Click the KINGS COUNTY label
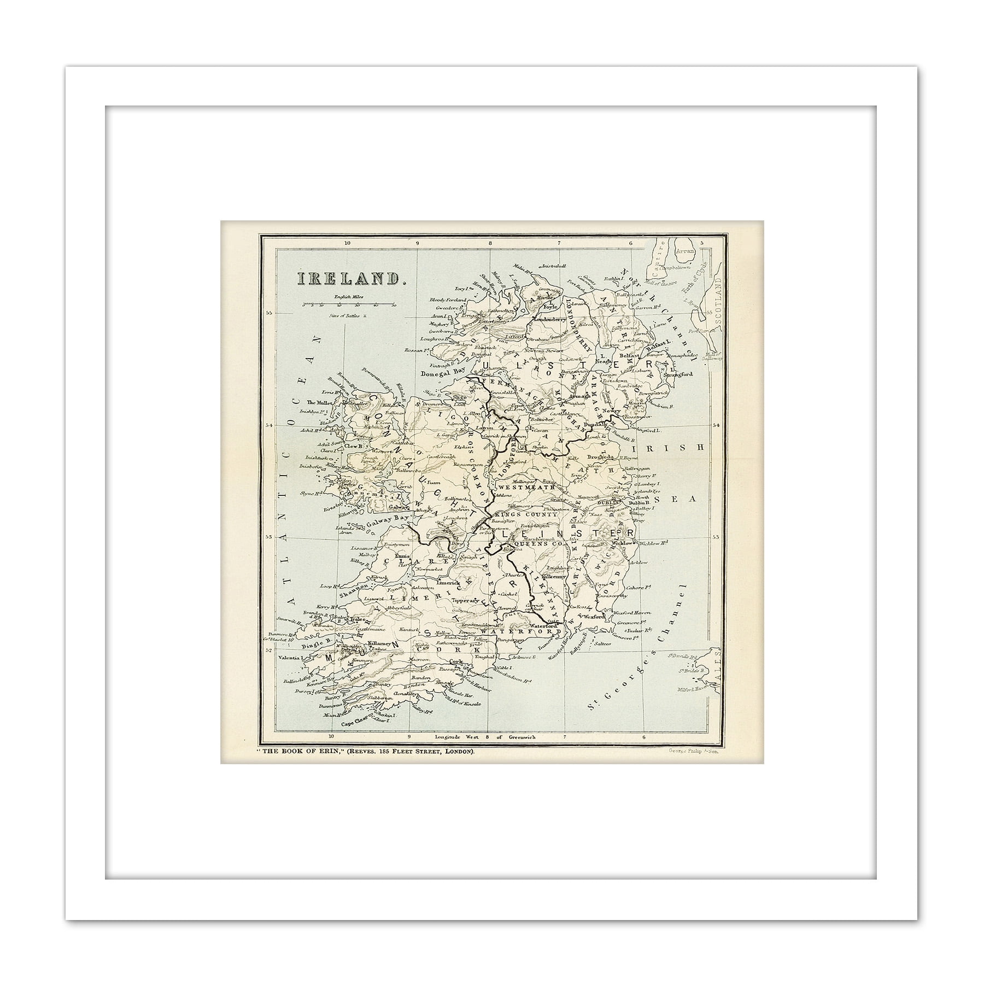click(525, 514)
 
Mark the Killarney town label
click(379, 645)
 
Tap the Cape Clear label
click(355, 723)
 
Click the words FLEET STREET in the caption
click(414, 752)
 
